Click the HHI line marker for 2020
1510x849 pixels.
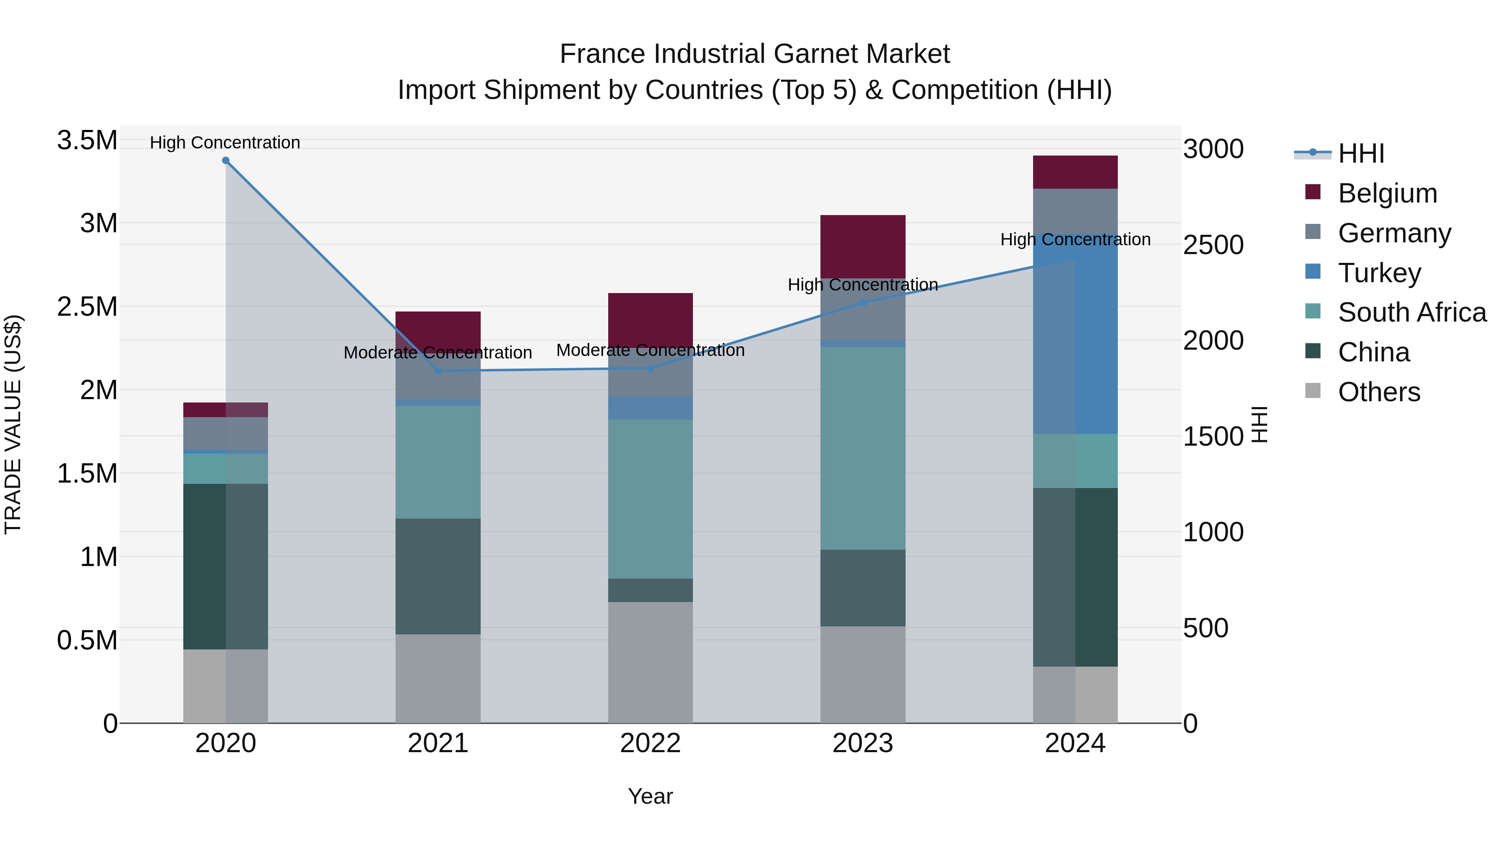pyautogui.click(x=226, y=161)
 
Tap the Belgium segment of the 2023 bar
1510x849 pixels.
pyautogui.click(x=862, y=246)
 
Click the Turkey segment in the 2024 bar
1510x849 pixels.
pyautogui.click(x=1075, y=334)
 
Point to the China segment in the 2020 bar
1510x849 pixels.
pyautogui.click(x=226, y=566)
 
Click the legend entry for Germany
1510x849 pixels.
pyautogui.click(x=1394, y=233)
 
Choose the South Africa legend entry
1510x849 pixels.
pyautogui.click(x=1411, y=312)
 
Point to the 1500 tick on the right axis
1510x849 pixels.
pyautogui.click(x=1213, y=436)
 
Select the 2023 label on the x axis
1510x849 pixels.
pyautogui.click(x=862, y=743)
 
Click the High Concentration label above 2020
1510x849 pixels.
pyautogui.click(x=225, y=143)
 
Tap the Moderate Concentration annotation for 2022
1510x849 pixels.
pyautogui.click(x=650, y=351)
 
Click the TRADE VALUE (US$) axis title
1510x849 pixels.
pyautogui.click(x=13, y=424)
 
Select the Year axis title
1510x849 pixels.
pyautogui.click(x=650, y=796)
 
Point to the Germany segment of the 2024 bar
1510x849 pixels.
pyautogui.click(x=1075, y=211)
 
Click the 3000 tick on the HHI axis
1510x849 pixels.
pyautogui.click(x=1213, y=149)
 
